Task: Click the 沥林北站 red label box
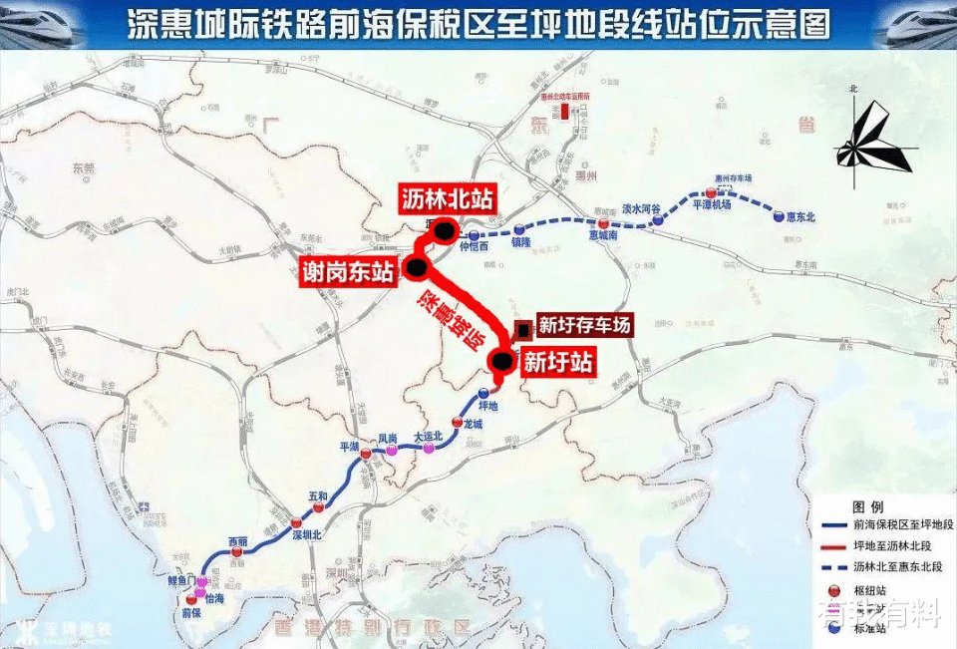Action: click(x=446, y=197)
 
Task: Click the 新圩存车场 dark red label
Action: click(x=584, y=324)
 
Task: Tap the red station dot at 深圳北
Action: click(x=296, y=523)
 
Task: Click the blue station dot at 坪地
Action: click(x=484, y=393)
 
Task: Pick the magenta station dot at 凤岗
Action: click(x=392, y=451)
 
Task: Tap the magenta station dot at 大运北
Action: click(x=429, y=448)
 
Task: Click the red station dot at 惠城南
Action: click(x=604, y=224)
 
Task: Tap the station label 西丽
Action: click(x=237, y=541)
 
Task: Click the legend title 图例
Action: click(x=869, y=506)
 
